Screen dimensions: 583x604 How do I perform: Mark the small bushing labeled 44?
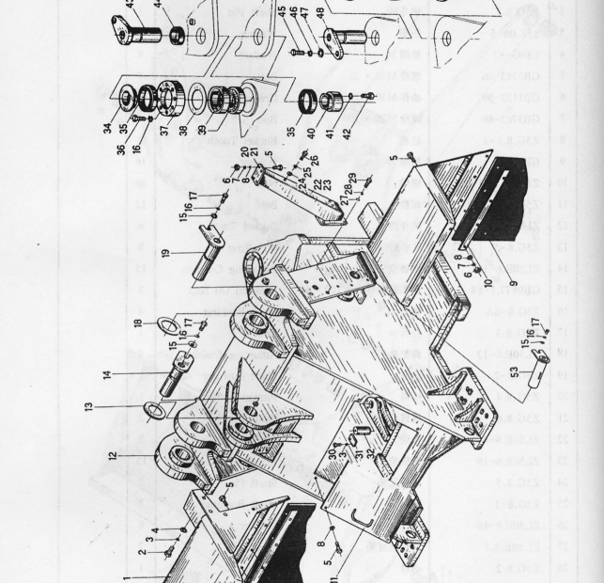[175, 37]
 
